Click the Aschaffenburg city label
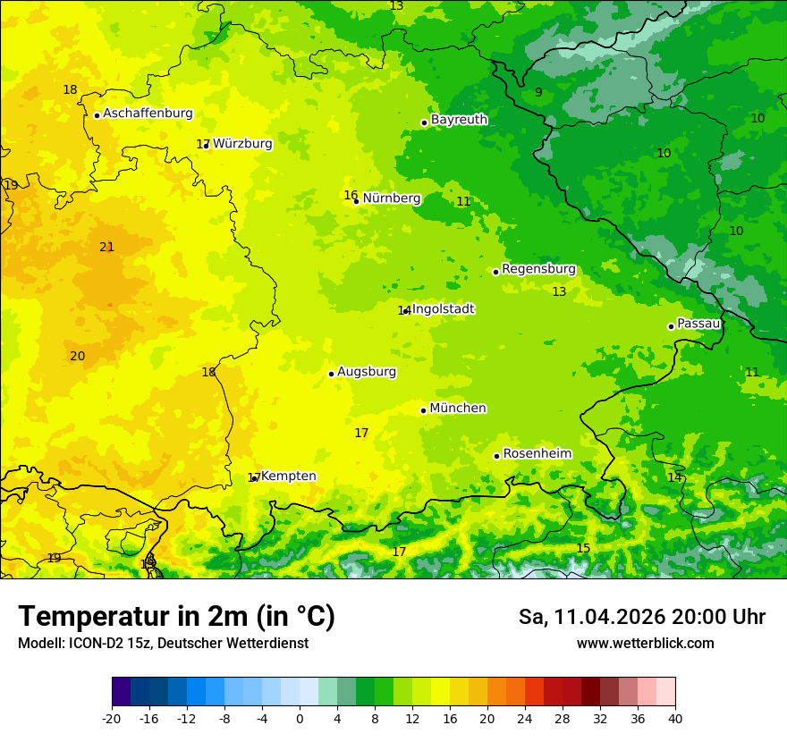pos(148,114)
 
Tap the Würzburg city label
pos(242,144)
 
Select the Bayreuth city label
pos(459,120)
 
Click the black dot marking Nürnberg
pos(356,201)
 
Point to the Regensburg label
pos(538,269)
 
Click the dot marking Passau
pos(671,326)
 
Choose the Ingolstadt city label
pos(443,309)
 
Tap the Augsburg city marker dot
pos(331,374)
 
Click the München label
pos(458,409)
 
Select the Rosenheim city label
pos(537,454)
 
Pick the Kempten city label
pos(288,476)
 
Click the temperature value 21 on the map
pos(106,248)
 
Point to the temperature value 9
pos(538,93)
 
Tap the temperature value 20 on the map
pos(78,357)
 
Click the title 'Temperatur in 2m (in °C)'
pos(176,617)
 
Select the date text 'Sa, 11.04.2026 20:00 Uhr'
pos(641,617)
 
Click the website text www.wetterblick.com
pos(645,644)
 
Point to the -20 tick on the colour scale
pos(112,718)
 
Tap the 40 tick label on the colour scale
pos(675,718)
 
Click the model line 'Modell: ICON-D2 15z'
pos(163,644)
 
